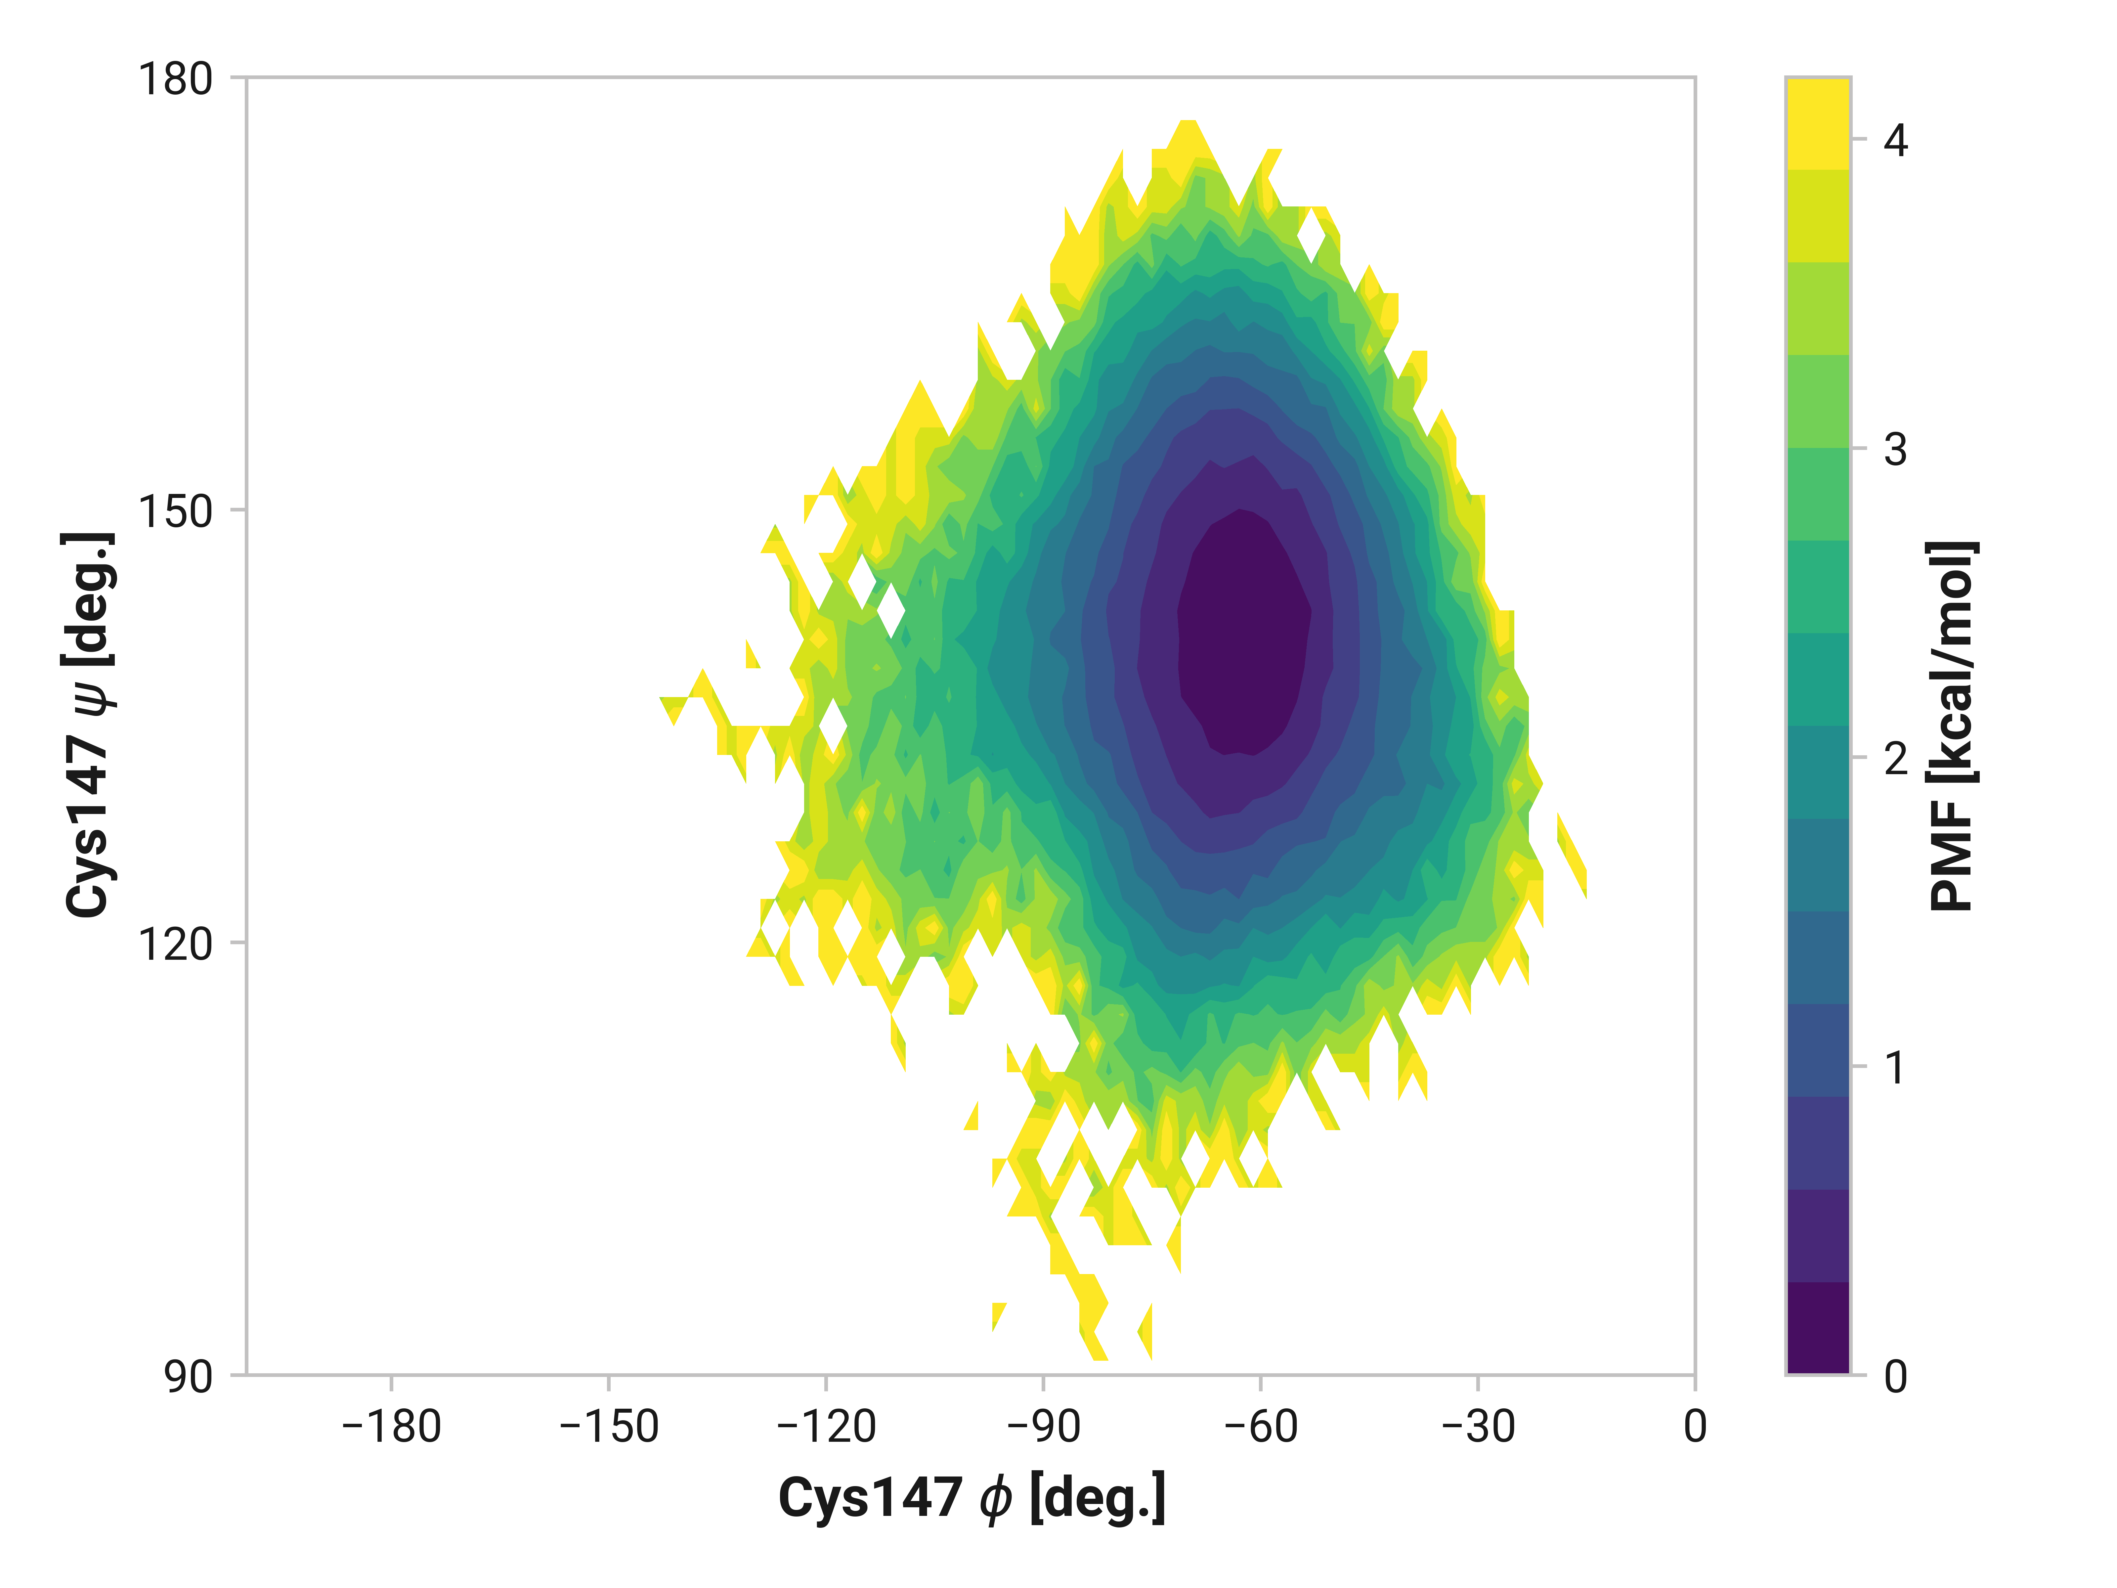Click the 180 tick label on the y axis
pyautogui.click(x=175, y=79)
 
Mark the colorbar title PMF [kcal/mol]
pyautogui.click(x=1952, y=725)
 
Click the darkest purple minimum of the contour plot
pyautogui.click(x=1242, y=632)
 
